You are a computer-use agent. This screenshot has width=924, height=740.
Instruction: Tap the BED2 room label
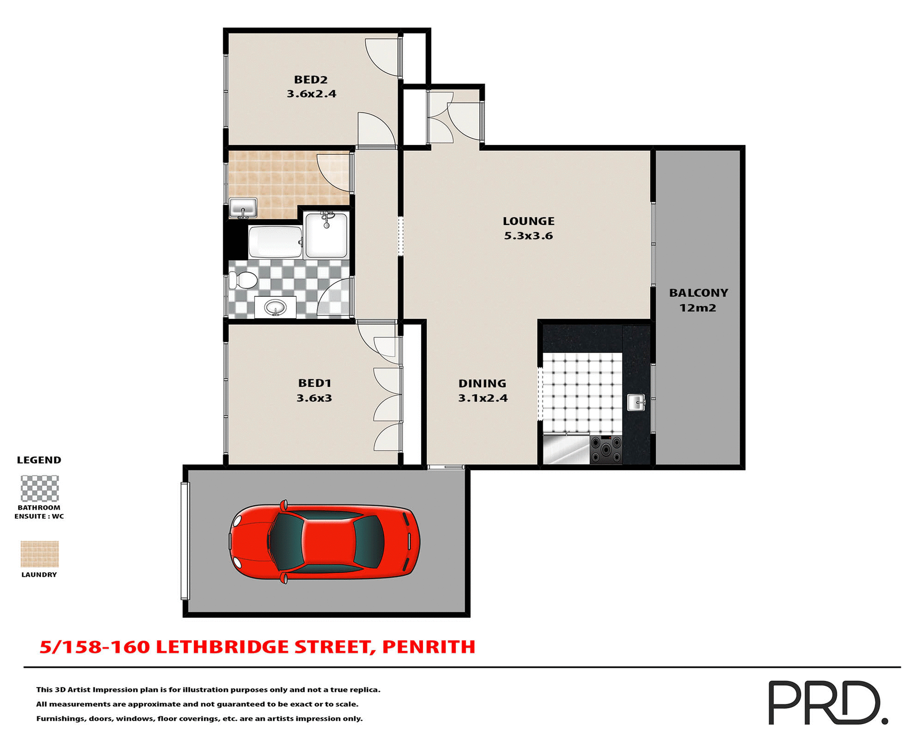point(311,80)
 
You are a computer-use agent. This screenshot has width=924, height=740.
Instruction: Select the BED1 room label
point(315,383)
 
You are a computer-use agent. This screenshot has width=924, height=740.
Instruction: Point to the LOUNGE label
point(528,221)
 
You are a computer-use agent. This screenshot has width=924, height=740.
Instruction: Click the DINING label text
point(482,383)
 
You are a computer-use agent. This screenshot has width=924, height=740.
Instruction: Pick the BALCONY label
point(698,293)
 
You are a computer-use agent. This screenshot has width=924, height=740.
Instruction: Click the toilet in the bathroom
point(244,280)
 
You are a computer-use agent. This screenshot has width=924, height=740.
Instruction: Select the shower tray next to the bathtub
point(326,235)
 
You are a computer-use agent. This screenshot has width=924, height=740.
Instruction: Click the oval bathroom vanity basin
point(275,307)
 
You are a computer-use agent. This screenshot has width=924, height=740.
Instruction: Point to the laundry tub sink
point(243,208)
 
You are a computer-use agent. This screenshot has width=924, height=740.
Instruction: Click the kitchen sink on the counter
point(636,402)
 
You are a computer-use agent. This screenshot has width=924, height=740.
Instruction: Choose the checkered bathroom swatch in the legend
point(39,489)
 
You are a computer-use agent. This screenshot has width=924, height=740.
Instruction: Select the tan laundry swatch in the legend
point(39,554)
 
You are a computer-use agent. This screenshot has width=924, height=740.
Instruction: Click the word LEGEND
point(39,460)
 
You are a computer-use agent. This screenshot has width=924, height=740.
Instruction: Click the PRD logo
point(827,702)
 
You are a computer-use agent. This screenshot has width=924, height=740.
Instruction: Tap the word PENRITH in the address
point(429,647)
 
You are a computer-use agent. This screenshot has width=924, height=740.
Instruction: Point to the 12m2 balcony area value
point(698,308)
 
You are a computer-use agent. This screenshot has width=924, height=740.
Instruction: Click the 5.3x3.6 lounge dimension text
point(528,236)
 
